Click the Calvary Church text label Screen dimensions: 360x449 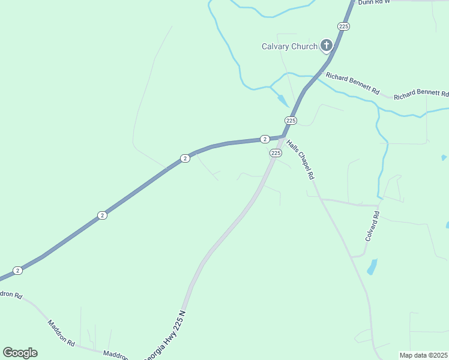[289, 46]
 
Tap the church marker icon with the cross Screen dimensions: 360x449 [326, 45]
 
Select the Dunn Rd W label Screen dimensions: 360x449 [373, 2]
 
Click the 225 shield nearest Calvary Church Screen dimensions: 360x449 [343, 26]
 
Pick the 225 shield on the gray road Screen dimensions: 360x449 [276, 153]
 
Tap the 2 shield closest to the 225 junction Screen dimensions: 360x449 [265, 139]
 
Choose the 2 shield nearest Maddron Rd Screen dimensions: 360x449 [18, 271]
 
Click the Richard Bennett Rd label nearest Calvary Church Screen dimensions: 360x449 [352, 83]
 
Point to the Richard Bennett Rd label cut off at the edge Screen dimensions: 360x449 [421, 95]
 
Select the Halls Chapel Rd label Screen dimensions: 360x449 [300, 160]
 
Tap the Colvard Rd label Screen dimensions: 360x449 [372, 226]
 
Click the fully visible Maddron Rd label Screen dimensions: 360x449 [62, 333]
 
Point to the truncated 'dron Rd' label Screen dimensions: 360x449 [11, 295]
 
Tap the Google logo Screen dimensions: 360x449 [20, 353]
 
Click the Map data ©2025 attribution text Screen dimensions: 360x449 [423, 355]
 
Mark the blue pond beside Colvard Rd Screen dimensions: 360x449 [372, 266]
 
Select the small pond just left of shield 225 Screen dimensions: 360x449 [283, 101]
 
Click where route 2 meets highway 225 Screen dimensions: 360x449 [283, 137]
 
